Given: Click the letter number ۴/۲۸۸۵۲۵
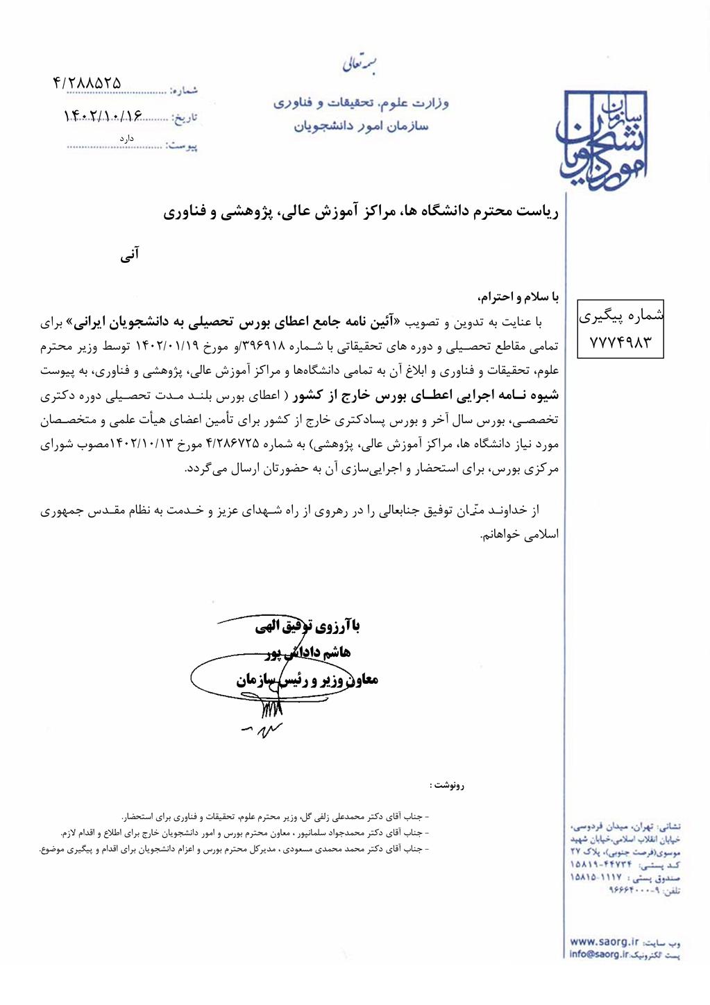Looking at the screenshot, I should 87,83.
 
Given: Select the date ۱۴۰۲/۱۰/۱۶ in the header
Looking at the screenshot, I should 102,116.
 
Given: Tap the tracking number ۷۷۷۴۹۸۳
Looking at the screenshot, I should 620,341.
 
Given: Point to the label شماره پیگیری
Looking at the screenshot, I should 621,316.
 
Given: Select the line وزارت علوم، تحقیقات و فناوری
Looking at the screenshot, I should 361,103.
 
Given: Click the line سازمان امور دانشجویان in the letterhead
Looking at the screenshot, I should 361,126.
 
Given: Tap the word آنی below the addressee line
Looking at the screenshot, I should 130,255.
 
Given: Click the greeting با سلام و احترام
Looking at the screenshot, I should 518,297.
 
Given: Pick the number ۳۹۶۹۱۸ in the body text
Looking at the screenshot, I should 260,346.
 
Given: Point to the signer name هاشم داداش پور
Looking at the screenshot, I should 310,652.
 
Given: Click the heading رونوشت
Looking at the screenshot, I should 447,785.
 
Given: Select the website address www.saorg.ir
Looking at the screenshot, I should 603,941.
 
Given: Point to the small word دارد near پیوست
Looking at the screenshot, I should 126,138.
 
